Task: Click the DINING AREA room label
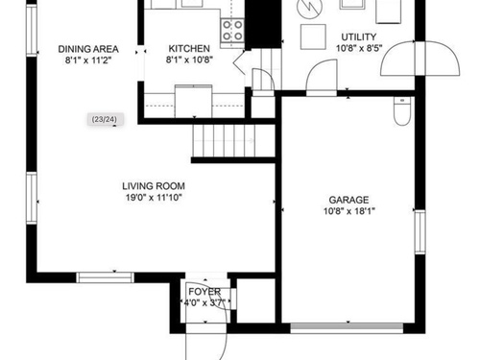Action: coord(88,49)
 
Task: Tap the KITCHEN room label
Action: coord(189,49)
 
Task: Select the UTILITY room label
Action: coord(359,36)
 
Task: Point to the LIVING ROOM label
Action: coord(154,186)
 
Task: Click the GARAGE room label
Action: coord(348,200)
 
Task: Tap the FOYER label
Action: coord(204,292)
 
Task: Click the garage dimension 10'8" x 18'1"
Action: coord(349,211)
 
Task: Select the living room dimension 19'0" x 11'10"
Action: coord(154,198)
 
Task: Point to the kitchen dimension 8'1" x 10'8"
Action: coord(189,60)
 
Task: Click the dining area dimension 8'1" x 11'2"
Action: coord(88,60)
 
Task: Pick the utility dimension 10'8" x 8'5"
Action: coord(359,48)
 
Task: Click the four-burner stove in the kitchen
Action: coord(232,31)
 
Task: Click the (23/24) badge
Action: coord(105,119)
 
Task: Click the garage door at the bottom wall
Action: coord(347,328)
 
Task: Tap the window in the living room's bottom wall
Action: coord(106,277)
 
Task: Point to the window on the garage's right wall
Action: coord(420,232)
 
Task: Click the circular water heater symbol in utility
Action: coord(308,8)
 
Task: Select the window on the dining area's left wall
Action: coord(32,30)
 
